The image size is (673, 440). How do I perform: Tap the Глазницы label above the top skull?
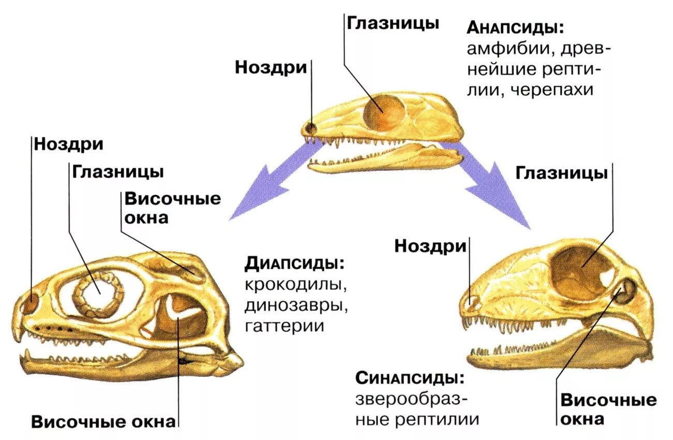(393, 23)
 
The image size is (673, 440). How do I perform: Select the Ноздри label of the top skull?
(271, 68)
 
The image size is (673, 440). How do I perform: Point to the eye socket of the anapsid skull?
(384, 110)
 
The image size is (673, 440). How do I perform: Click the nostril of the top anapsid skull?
(310, 127)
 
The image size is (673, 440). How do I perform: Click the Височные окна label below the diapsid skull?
(103, 422)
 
